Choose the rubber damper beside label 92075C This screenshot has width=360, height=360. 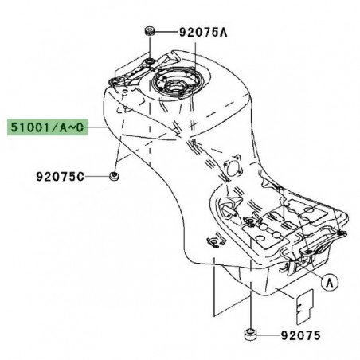114,175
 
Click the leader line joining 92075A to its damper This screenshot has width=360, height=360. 163,33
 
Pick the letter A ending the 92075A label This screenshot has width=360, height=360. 224,33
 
